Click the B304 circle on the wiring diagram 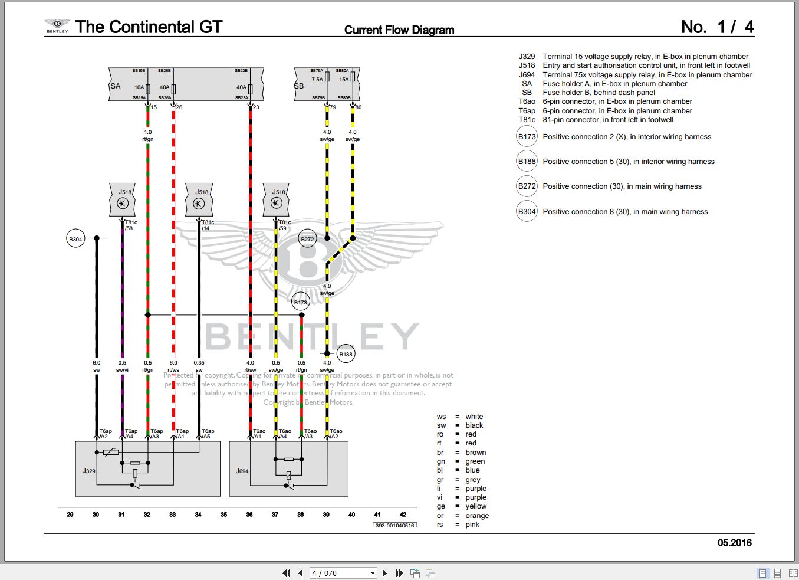(x=75, y=239)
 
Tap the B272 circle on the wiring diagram (x=307, y=239)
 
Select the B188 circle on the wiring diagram (x=346, y=355)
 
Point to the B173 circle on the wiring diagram (x=301, y=302)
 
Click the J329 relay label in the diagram (x=88, y=471)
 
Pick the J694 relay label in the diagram (x=242, y=471)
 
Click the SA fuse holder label (x=116, y=86)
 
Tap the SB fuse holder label (x=299, y=86)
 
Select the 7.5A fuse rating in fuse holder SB (x=317, y=80)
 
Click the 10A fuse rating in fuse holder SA (x=139, y=87)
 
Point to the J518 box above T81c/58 (x=123, y=199)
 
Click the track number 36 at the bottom (x=249, y=515)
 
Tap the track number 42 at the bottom (x=403, y=515)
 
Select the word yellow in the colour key (x=476, y=506)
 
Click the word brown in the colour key (x=475, y=453)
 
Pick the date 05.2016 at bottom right (x=734, y=543)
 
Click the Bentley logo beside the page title (x=57, y=26)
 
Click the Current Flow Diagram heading (x=399, y=30)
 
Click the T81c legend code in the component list (x=527, y=120)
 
